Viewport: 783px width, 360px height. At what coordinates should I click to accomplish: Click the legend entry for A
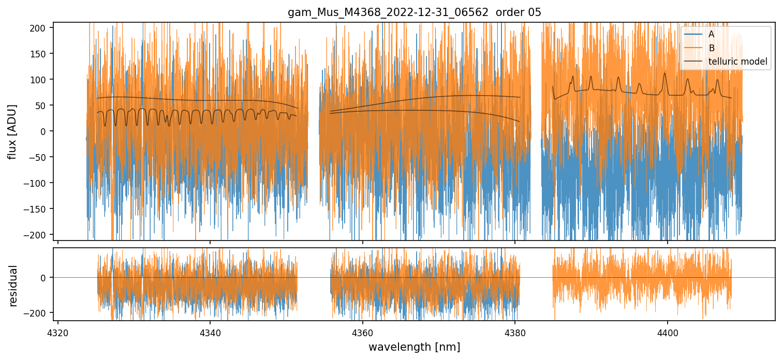coord(712,34)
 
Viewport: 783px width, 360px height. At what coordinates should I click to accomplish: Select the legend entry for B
coord(712,48)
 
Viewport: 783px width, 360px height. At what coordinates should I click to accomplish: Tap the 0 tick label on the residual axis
coord(44,278)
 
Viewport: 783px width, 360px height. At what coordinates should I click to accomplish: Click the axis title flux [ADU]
coord(12,131)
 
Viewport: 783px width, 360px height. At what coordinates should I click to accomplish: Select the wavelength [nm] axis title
coord(414,347)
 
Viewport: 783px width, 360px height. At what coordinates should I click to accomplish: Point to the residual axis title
coord(12,286)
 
